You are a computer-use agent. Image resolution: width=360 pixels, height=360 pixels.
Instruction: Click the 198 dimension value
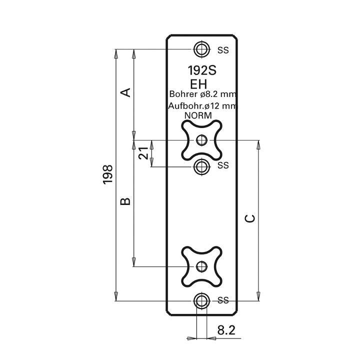click(x=107, y=174)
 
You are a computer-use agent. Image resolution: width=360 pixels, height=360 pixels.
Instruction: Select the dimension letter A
click(x=126, y=92)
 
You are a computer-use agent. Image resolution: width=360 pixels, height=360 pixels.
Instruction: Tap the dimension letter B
click(x=125, y=201)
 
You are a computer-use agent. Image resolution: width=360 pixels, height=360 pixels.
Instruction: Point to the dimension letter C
click(x=250, y=218)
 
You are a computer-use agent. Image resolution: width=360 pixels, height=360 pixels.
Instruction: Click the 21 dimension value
click(x=143, y=153)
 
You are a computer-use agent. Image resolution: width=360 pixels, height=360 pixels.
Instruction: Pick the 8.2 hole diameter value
click(x=226, y=330)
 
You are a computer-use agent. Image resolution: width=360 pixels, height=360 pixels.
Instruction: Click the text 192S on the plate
click(x=202, y=70)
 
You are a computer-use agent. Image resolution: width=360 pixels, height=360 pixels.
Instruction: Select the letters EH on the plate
click(x=198, y=84)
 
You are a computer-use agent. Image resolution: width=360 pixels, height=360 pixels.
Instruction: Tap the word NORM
click(x=198, y=115)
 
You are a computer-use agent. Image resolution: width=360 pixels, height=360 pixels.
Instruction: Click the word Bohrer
click(x=183, y=94)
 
